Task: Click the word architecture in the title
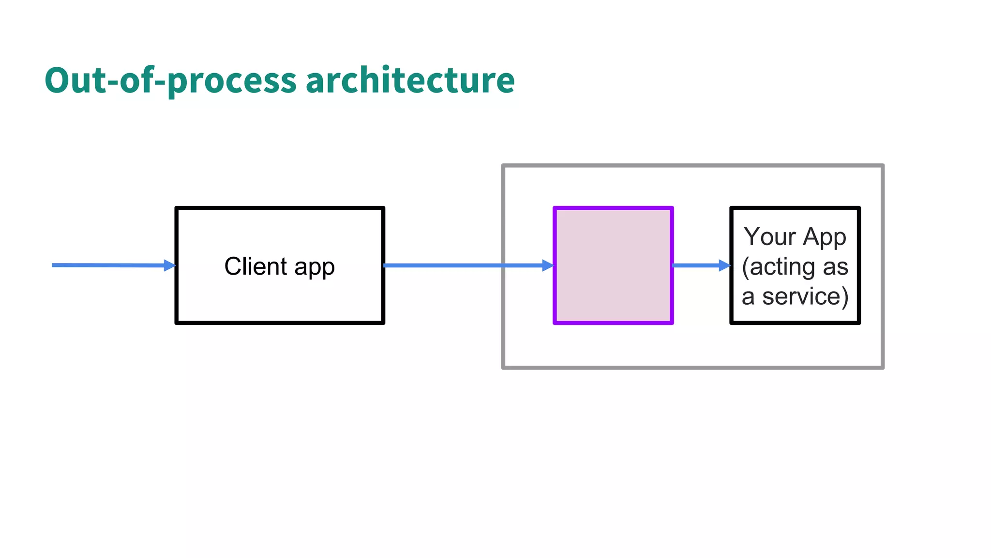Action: coord(410,80)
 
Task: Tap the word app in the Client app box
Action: coord(314,267)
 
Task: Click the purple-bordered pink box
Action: coord(613,265)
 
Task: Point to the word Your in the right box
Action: coord(769,237)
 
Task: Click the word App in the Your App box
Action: coord(825,238)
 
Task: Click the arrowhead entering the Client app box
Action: coord(169,265)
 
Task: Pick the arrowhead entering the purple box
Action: coord(548,265)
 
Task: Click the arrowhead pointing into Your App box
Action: coord(724,265)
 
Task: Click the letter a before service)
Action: coord(748,297)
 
